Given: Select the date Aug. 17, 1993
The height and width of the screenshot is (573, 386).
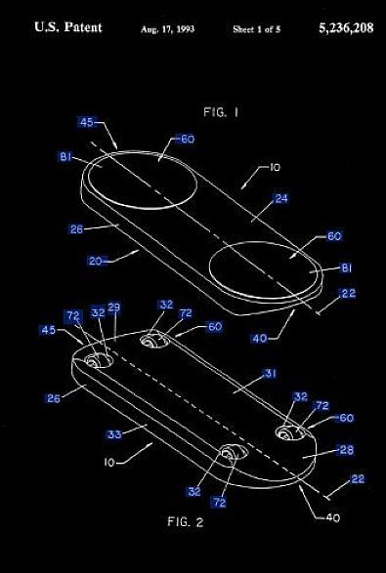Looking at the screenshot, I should click(x=169, y=29).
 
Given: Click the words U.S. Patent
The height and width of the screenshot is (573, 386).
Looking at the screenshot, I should click(x=68, y=28).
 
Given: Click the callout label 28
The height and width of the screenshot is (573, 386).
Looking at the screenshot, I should click(x=345, y=449).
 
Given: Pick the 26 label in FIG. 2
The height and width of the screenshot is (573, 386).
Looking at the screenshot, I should click(x=54, y=397).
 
